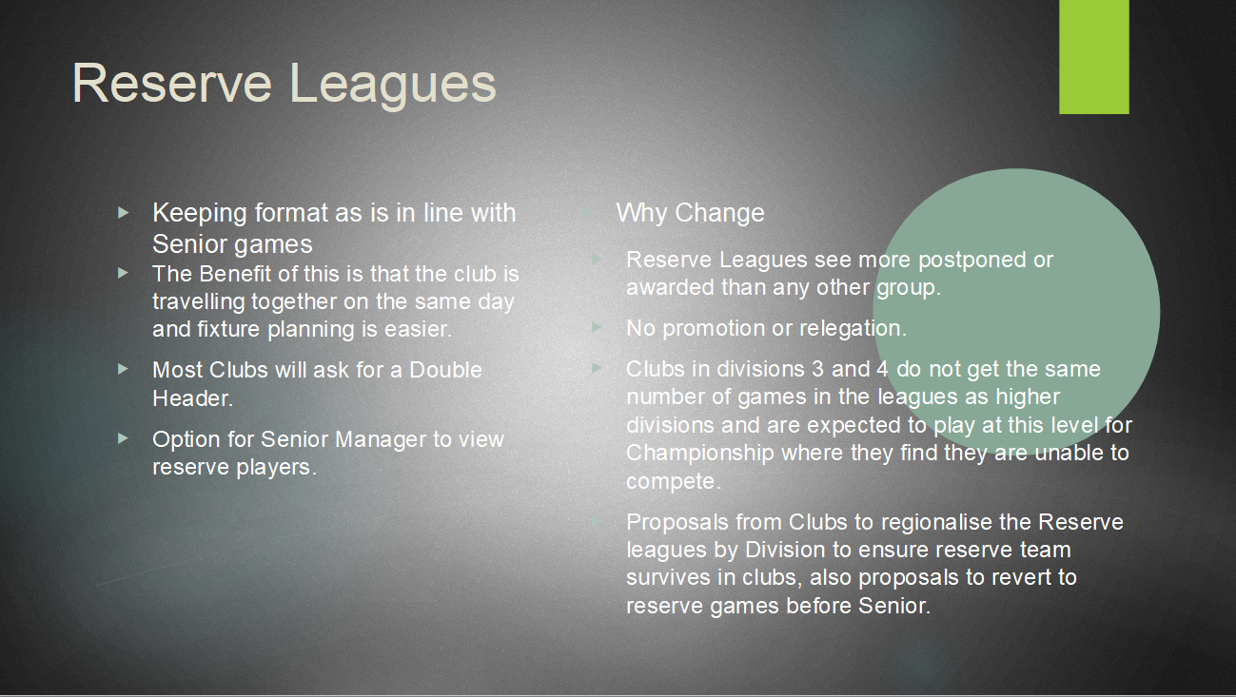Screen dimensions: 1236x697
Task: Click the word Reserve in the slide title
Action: (172, 84)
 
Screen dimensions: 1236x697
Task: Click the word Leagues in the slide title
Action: (392, 87)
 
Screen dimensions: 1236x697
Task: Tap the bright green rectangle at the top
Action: (1093, 57)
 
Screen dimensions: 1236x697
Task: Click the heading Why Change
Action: (690, 213)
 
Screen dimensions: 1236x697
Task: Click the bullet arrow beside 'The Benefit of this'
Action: (123, 273)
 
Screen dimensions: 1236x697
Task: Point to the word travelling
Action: (198, 302)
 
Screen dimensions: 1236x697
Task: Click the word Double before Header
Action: (446, 370)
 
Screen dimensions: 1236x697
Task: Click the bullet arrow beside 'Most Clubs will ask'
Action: (123, 369)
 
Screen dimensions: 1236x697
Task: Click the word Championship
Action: (700, 454)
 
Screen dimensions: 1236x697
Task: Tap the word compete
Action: (673, 482)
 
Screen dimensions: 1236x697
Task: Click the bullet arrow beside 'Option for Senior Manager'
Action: (123, 438)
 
